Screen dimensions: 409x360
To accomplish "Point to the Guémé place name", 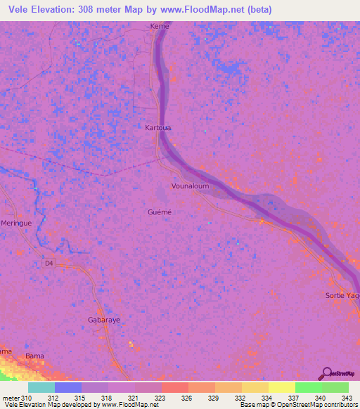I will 160,212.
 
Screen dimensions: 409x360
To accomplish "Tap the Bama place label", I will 34,356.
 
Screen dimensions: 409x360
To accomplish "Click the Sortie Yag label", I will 343,296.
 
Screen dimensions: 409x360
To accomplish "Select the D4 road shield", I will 49,264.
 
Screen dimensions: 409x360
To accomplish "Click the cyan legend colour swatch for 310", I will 41,387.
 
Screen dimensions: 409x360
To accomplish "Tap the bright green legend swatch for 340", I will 308,387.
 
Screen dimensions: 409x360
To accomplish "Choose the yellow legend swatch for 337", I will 281,387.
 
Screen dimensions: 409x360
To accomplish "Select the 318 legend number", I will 105,398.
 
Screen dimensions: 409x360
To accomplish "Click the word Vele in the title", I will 21,10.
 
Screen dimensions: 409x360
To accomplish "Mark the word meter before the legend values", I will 11,398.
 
